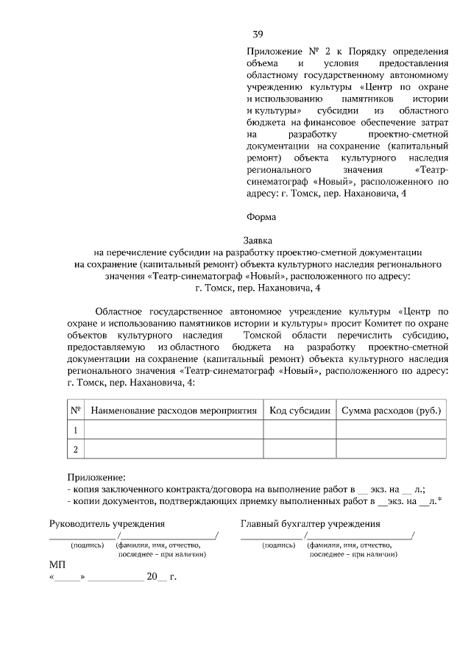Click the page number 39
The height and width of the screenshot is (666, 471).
258,35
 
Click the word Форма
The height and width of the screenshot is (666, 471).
261,217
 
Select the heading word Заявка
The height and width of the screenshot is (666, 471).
258,240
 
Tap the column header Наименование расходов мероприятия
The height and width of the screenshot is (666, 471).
174,410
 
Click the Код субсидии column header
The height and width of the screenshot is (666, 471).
300,410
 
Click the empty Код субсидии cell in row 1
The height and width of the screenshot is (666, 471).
300,429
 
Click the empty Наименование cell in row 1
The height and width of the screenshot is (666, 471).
174,429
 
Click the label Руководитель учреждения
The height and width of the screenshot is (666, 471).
106,524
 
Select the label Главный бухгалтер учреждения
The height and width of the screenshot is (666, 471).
310,524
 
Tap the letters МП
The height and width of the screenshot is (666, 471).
57,563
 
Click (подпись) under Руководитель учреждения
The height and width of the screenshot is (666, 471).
87,545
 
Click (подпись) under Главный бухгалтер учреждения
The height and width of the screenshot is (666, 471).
278,545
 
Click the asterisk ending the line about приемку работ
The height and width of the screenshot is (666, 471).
439,500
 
